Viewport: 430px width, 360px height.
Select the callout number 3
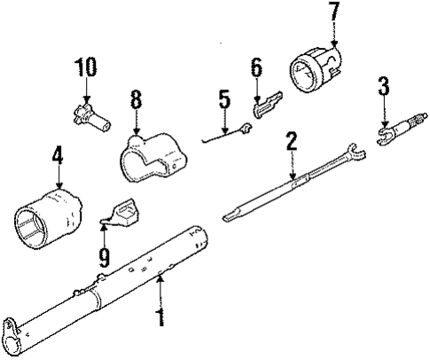(x=383, y=87)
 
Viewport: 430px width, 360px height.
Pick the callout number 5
(x=223, y=101)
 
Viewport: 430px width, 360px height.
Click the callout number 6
(x=256, y=67)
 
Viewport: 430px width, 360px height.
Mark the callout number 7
(x=333, y=13)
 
